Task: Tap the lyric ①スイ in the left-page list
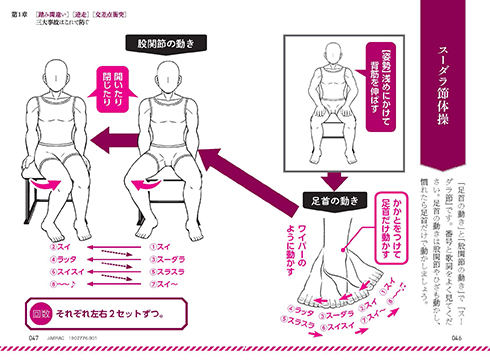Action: tap(157, 243)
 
